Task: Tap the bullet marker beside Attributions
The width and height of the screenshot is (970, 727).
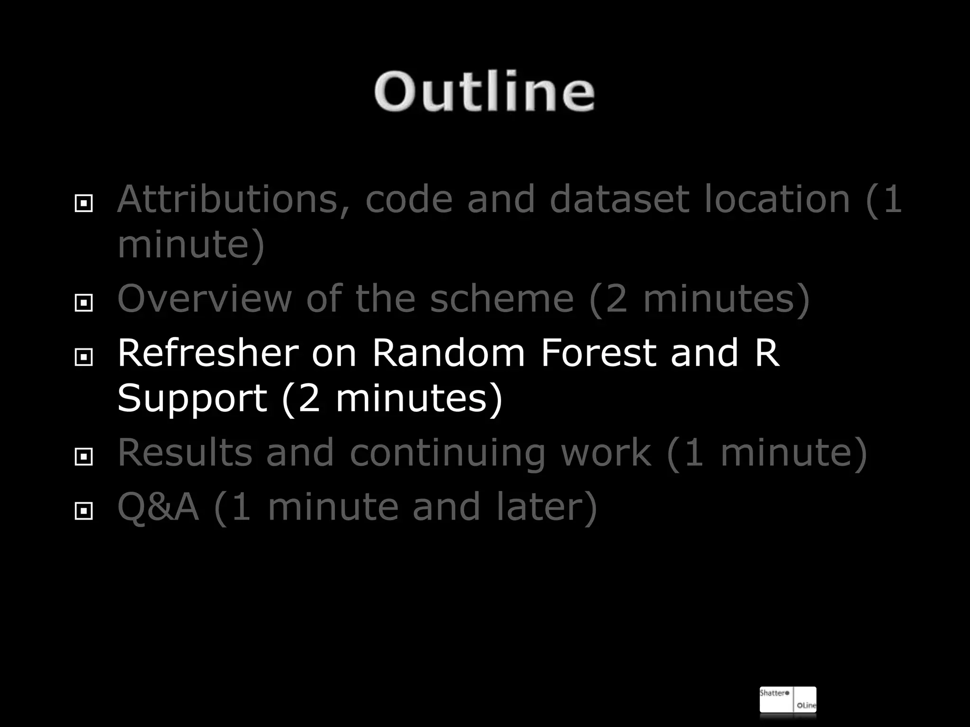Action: point(84,204)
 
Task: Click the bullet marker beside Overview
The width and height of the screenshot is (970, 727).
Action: point(84,302)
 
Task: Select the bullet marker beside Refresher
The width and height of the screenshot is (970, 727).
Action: point(84,357)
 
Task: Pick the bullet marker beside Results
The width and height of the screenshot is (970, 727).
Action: point(84,457)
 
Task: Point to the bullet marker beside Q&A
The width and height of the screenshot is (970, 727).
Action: point(84,511)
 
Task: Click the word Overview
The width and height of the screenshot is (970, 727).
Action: point(204,299)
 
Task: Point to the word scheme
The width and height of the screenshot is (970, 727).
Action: point(502,299)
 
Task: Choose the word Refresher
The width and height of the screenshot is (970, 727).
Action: point(208,353)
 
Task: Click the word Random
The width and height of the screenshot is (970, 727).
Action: point(448,353)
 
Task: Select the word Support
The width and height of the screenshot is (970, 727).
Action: point(192,399)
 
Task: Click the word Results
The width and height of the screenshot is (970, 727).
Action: point(184,453)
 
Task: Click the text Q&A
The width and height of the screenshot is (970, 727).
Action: point(158,507)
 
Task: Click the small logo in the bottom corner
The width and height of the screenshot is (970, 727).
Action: point(788,700)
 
